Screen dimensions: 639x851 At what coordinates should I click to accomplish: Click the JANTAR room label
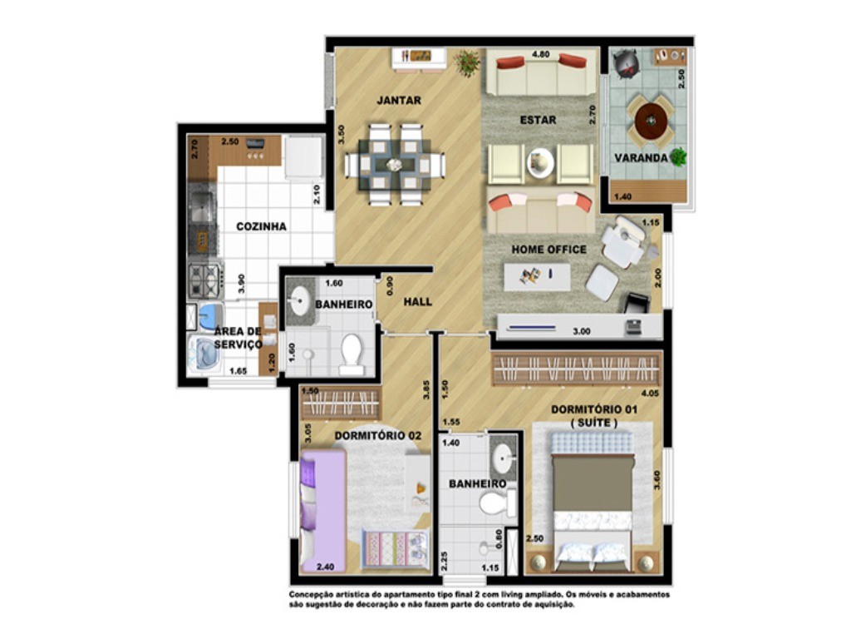[399, 101]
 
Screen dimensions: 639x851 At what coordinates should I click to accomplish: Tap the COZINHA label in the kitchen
[261, 226]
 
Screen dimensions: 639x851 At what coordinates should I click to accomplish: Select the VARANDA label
[642, 157]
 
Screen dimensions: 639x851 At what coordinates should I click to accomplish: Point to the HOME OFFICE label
[548, 249]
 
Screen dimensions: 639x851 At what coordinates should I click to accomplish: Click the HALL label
[417, 301]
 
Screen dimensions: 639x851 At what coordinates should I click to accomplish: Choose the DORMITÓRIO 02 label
[378, 435]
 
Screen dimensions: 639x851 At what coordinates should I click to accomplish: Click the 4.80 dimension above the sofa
[542, 55]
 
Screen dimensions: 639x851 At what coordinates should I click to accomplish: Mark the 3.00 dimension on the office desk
[582, 330]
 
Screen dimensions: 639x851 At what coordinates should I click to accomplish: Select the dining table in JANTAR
[395, 164]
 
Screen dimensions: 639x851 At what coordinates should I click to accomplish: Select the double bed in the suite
[593, 499]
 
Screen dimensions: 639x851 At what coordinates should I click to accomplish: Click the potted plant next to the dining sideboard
[468, 62]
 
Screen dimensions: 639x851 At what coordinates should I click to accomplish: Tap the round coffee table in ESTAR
[540, 162]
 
